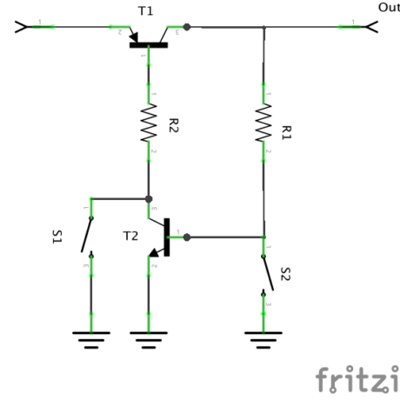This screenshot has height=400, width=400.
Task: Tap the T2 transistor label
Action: point(130,236)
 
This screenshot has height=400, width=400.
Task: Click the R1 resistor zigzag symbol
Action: point(263,123)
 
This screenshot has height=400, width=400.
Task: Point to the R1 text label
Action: point(286,130)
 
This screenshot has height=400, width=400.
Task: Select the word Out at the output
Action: point(388,7)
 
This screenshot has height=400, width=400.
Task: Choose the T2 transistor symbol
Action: point(162,237)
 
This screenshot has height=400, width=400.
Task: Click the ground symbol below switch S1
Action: point(90,337)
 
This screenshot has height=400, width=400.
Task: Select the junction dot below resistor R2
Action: point(149,198)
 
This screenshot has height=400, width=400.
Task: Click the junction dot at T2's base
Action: point(187,236)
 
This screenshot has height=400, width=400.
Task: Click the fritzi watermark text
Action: point(357,379)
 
